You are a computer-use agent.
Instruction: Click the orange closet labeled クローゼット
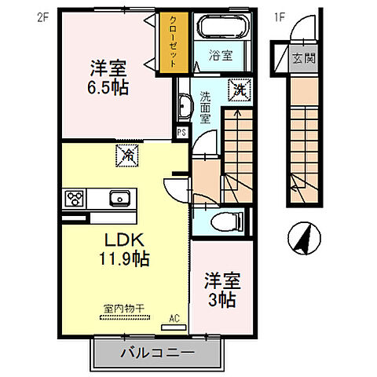[168, 44]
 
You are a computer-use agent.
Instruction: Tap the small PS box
[181, 133]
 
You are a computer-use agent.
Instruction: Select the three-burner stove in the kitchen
[75, 197]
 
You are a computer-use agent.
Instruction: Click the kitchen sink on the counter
[119, 197]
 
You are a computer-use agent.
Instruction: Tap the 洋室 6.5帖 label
[108, 76]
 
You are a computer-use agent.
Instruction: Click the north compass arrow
[302, 239]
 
